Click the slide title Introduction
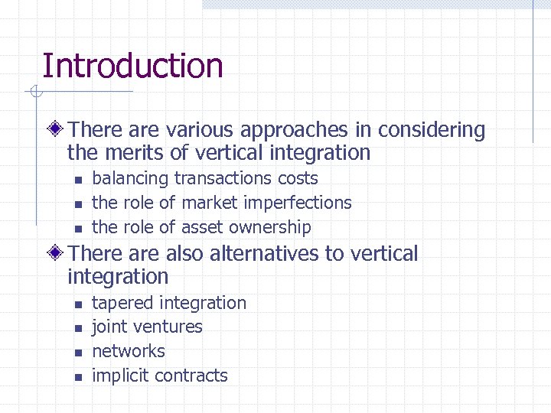[x=132, y=66]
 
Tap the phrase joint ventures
[x=147, y=327]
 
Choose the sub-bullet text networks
[x=129, y=351]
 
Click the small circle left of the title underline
[x=34, y=93]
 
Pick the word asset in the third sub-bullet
[x=202, y=227]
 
